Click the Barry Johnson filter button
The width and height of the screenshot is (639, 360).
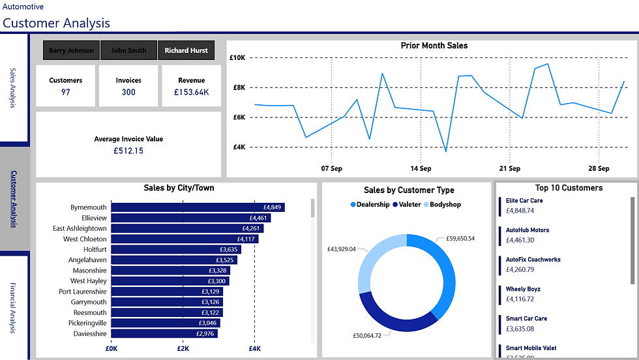coord(71,50)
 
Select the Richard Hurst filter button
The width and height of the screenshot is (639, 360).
coord(186,50)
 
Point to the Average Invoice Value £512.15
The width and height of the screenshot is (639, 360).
coord(128,151)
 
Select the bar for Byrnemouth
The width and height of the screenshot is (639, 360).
coord(198,207)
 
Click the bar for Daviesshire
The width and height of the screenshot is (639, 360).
coord(164,333)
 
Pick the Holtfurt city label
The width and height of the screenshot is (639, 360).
coord(95,249)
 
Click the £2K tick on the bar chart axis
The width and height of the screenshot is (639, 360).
coord(183,348)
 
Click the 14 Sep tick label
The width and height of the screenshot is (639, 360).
coord(421,168)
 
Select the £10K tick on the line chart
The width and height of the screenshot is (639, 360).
coord(237,57)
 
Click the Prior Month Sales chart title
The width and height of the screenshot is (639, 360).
coord(434,46)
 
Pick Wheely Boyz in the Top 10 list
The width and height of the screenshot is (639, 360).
coord(523,289)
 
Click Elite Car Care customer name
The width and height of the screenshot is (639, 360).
coord(524,201)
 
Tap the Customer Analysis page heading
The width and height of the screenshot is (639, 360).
coord(56,23)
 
